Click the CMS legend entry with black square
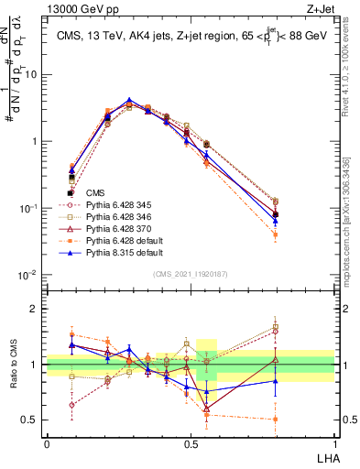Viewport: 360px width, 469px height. [x=96, y=193]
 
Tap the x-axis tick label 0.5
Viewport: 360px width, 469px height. [x=191, y=442]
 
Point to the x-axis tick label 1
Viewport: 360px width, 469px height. [x=334, y=442]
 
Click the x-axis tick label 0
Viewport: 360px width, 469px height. [x=47, y=442]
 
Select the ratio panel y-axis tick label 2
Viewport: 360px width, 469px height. [x=36, y=309]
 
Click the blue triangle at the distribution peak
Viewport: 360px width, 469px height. [x=130, y=100]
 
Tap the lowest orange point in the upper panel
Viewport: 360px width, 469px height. [x=276, y=235]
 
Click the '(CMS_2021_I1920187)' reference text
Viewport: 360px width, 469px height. [x=191, y=275]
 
